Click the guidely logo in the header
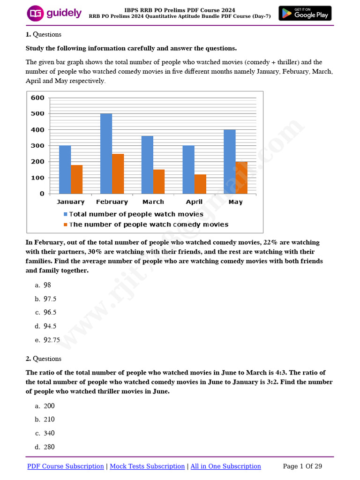click(54, 14)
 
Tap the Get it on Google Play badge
click(305, 13)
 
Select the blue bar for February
click(106, 153)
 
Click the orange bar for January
click(77, 179)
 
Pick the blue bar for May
click(230, 161)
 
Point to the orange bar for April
click(200, 184)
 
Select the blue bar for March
click(147, 165)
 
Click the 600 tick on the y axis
click(37, 97)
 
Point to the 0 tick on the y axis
click(42, 194)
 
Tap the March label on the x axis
click(153, 202)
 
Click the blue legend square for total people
click(65, 214)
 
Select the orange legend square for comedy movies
click(65, 225)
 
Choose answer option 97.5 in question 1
click(50, 299)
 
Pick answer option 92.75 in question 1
click(52, 340)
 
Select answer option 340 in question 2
click(49, 433)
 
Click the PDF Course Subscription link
click(66, 466)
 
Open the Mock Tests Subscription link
click(147, 466)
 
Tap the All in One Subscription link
click(225, 466)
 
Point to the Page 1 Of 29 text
click(302, 466)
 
